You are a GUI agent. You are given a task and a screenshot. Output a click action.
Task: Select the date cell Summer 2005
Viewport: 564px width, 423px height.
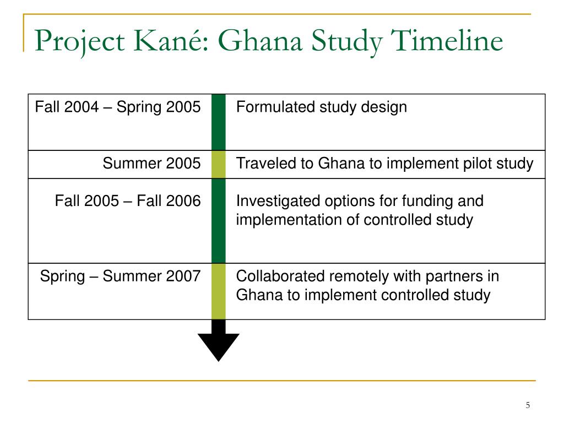(151, 163)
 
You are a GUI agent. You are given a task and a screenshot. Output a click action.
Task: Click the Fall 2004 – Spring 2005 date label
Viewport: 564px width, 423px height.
(118, 107)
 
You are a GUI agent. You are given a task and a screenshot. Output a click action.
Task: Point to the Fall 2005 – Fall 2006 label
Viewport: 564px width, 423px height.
(128, 200)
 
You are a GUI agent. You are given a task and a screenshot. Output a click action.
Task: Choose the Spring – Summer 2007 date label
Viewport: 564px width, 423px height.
(120, 276)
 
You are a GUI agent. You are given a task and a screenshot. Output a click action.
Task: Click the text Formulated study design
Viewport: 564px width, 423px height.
(322, 107)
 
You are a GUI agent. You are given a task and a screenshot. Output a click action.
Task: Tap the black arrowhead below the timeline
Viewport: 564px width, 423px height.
(218, 347)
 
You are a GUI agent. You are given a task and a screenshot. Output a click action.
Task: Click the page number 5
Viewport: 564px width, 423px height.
(528, 405)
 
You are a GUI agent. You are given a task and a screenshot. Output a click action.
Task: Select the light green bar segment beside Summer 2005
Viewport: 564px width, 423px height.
(218, 164)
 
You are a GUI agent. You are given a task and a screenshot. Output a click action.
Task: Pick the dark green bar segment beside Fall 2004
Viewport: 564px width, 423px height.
(218, 122)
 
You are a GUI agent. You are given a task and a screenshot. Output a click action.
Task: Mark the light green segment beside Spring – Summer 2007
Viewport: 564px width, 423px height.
(218, 291)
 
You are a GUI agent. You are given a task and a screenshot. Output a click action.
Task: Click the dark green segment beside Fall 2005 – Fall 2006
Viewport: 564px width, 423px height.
(218, 221)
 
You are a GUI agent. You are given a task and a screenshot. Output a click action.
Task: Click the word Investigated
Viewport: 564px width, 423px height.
(278, 201)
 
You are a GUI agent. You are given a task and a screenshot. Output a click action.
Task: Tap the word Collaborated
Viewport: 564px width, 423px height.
(280, 276)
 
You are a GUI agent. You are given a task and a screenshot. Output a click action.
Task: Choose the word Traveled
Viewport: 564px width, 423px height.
(268, 163)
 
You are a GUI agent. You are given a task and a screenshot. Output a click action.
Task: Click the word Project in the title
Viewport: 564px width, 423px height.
(80, 41)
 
